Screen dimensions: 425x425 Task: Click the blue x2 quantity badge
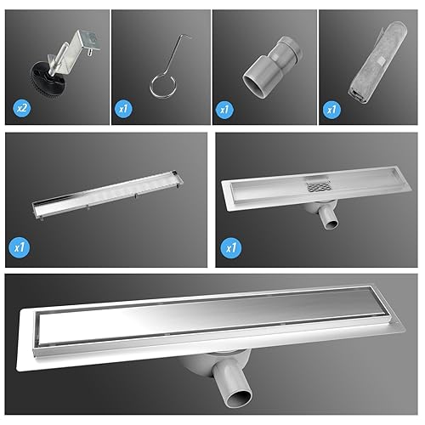21,108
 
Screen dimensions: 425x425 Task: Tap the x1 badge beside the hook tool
123,109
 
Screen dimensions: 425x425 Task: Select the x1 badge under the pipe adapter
224,110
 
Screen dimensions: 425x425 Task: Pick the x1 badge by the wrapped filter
331,110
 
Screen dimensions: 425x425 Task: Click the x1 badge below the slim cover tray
19,247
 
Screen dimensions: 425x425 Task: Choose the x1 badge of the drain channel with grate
231,248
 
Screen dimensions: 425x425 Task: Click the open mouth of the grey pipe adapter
252,86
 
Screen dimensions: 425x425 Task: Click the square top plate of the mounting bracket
90,40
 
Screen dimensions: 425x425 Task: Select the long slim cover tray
107,195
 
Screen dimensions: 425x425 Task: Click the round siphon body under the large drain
215,363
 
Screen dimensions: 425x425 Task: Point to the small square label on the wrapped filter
381,60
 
